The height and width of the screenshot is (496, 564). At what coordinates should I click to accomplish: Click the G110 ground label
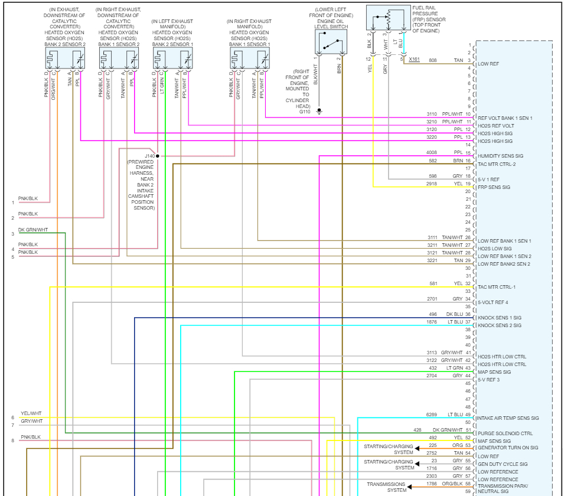pyautogui.click(x=305, y=111)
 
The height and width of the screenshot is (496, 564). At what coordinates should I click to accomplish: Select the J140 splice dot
pyautogui.click(x=158, y=156)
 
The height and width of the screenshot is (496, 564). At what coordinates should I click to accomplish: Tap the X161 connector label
pyautogui.click(x=414, y=60)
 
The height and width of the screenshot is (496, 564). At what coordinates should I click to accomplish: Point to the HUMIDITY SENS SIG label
pyautogui.click(x=500, y=156)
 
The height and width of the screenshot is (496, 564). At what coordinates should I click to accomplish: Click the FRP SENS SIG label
pyautogui.click(x=494, y=187)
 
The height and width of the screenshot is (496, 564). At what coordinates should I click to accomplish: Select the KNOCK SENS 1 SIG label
pyautogui.click(x=499, y=318)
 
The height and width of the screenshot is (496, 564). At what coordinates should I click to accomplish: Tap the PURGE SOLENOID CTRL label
pyautogui.click(x=505, y=433)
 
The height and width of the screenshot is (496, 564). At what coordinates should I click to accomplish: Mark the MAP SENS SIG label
pyautogui.click(x=494, y=372)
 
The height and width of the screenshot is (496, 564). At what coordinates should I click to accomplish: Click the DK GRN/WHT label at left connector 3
pyautogui.click(x=33, y=230)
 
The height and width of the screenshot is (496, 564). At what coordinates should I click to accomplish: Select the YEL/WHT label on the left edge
pyautogui.click(x=31, y=413)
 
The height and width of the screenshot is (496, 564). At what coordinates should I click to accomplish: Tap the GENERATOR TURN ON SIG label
pyautogui.click(x=507, y=448)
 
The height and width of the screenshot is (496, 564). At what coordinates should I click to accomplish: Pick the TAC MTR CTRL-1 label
pyautogui.click(x=497, y=287)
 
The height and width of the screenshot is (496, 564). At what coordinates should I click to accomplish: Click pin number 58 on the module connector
pyautogui.click(x=468, y=484)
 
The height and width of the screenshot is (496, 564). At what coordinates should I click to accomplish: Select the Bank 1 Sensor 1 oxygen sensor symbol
pyautogui.click(x=250, y=58)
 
